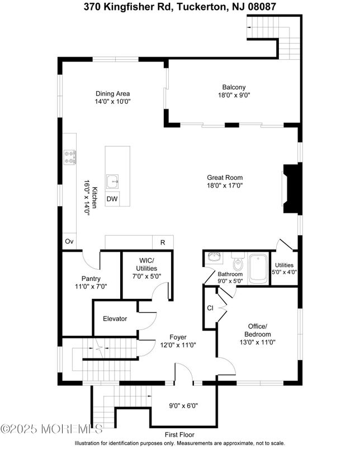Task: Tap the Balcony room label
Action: point(234,87)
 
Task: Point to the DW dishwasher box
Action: point(112,199)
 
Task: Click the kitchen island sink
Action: point(114,180)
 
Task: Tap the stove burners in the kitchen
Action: point(70,156)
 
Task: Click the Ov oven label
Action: point(69,242)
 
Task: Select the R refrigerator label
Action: point(163,242)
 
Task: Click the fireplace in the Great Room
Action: point(292,189)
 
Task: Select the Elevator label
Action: point(115,319)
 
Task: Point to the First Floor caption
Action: point(179,434)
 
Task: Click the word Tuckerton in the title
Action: point(194,7)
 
